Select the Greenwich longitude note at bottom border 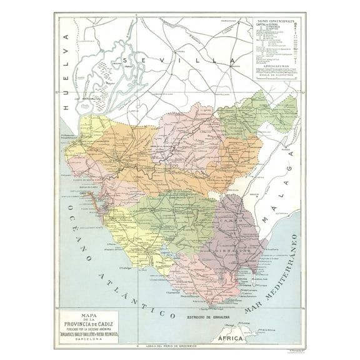[x=179, y=346]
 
